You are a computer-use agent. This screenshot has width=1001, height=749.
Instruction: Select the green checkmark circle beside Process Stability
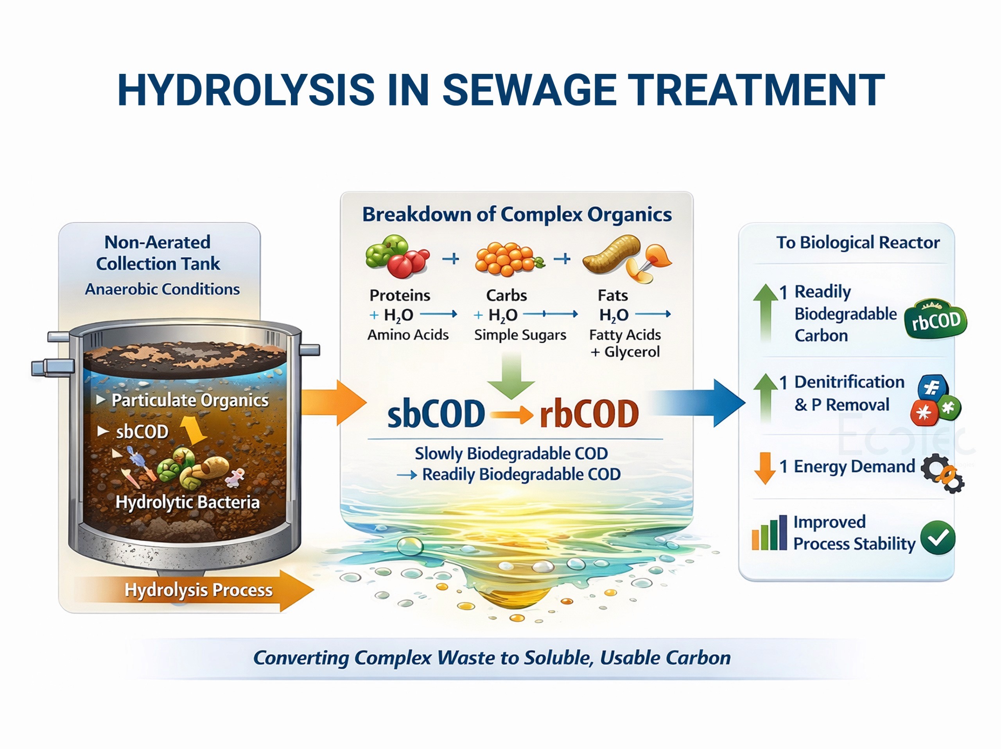pos(938,537)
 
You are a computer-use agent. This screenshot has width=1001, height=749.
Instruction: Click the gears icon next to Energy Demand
pos(942,473)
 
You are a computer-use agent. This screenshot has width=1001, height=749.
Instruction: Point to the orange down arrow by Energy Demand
pos(765,468)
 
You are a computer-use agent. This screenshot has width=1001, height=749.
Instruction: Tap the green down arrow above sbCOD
pos(511,375)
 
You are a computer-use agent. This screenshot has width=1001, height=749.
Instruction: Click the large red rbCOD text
pos(589,414)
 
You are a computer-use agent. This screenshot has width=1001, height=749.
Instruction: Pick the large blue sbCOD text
pos(436,414)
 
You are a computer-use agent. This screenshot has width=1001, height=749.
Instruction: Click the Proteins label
pos(400,295)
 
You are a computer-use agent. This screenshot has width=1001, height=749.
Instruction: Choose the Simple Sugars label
pos(520,335)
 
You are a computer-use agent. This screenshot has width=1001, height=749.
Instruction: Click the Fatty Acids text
pos(624,335)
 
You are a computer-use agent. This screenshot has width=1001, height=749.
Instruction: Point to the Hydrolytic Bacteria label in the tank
pos(187,502)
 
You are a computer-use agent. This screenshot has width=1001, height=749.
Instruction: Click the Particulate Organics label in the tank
pos(190,400)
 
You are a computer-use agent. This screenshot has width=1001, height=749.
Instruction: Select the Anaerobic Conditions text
pos(162,289)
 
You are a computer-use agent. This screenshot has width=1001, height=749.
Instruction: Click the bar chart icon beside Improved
pos(769,533)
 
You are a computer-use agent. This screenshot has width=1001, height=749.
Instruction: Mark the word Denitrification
pos(849,382)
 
